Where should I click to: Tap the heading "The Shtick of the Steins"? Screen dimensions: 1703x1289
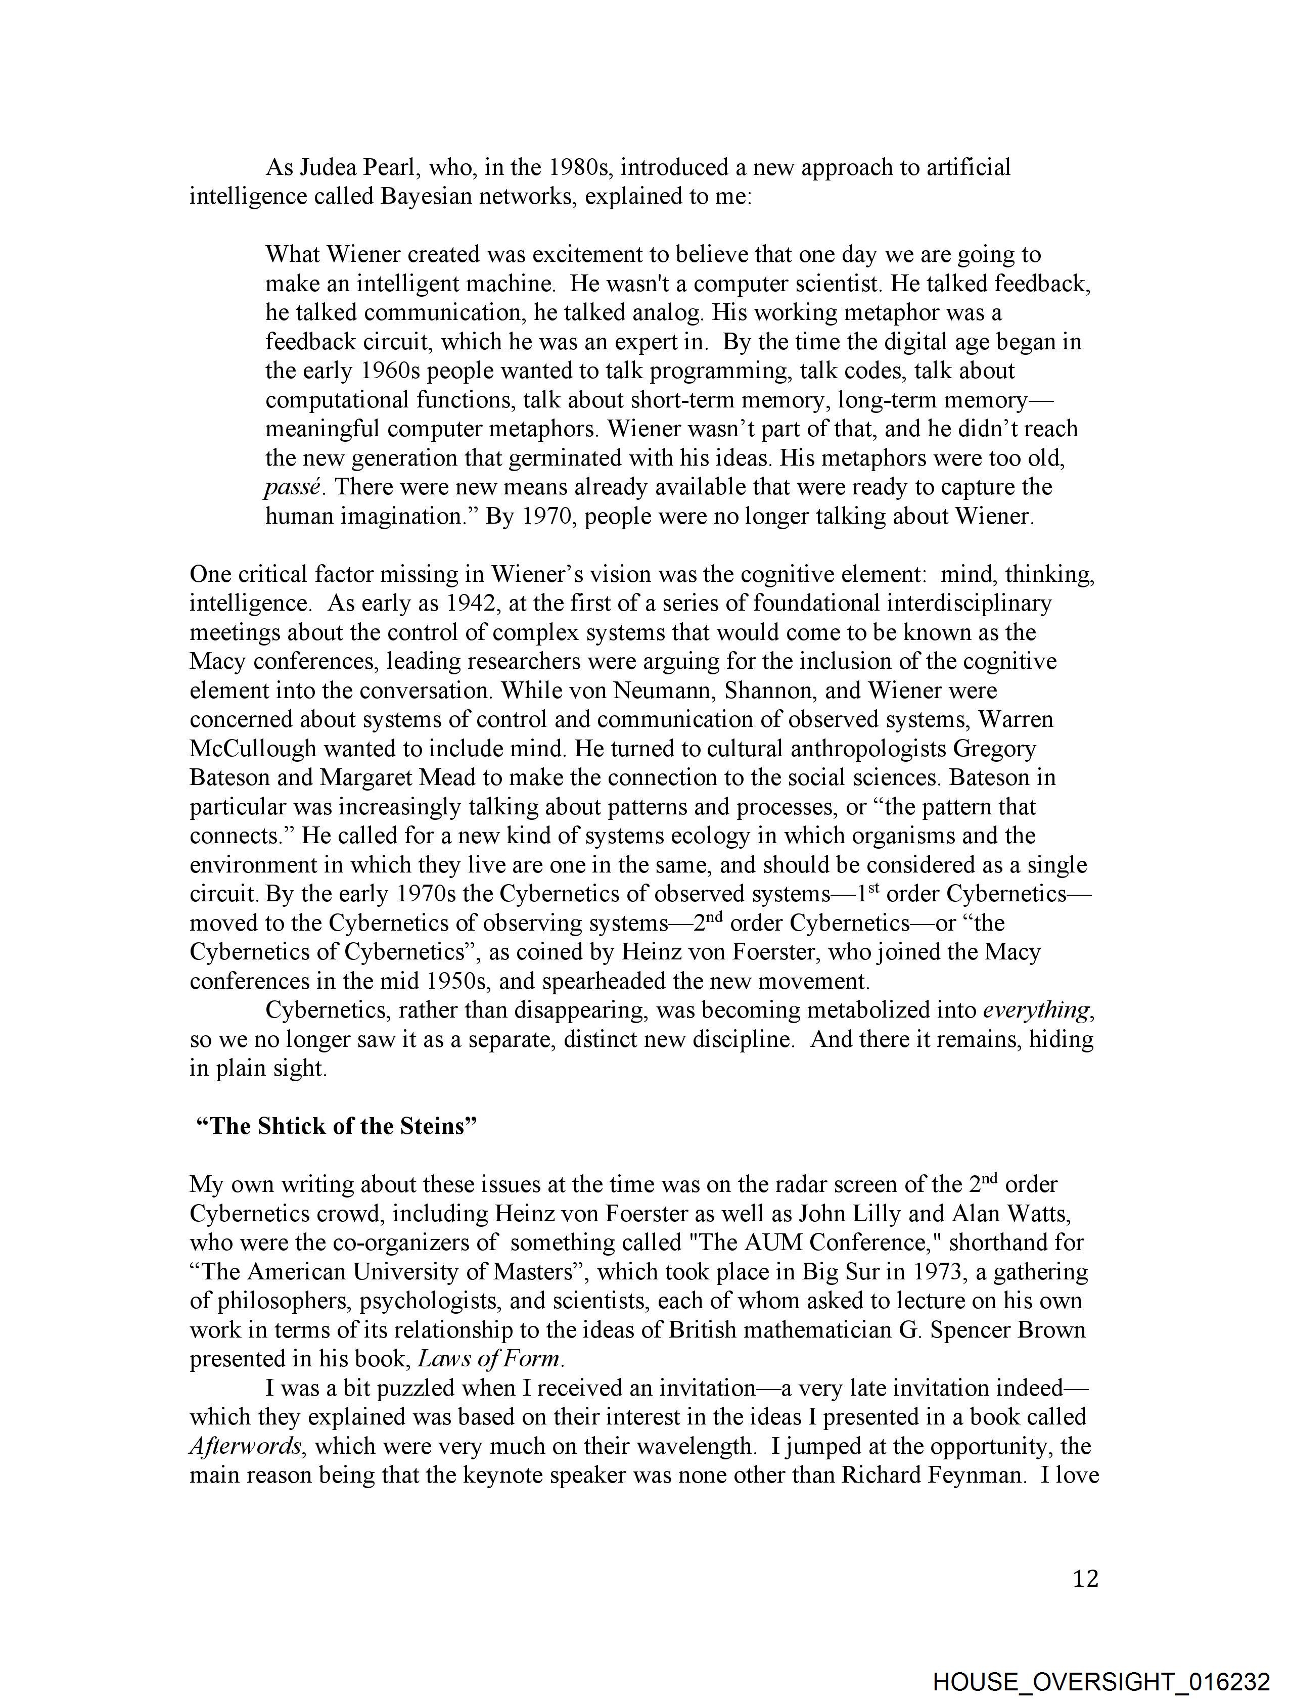[337, 1126]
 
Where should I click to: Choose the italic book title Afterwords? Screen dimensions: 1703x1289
[245, 1447]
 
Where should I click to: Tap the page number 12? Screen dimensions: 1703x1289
[1085, 1580]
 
